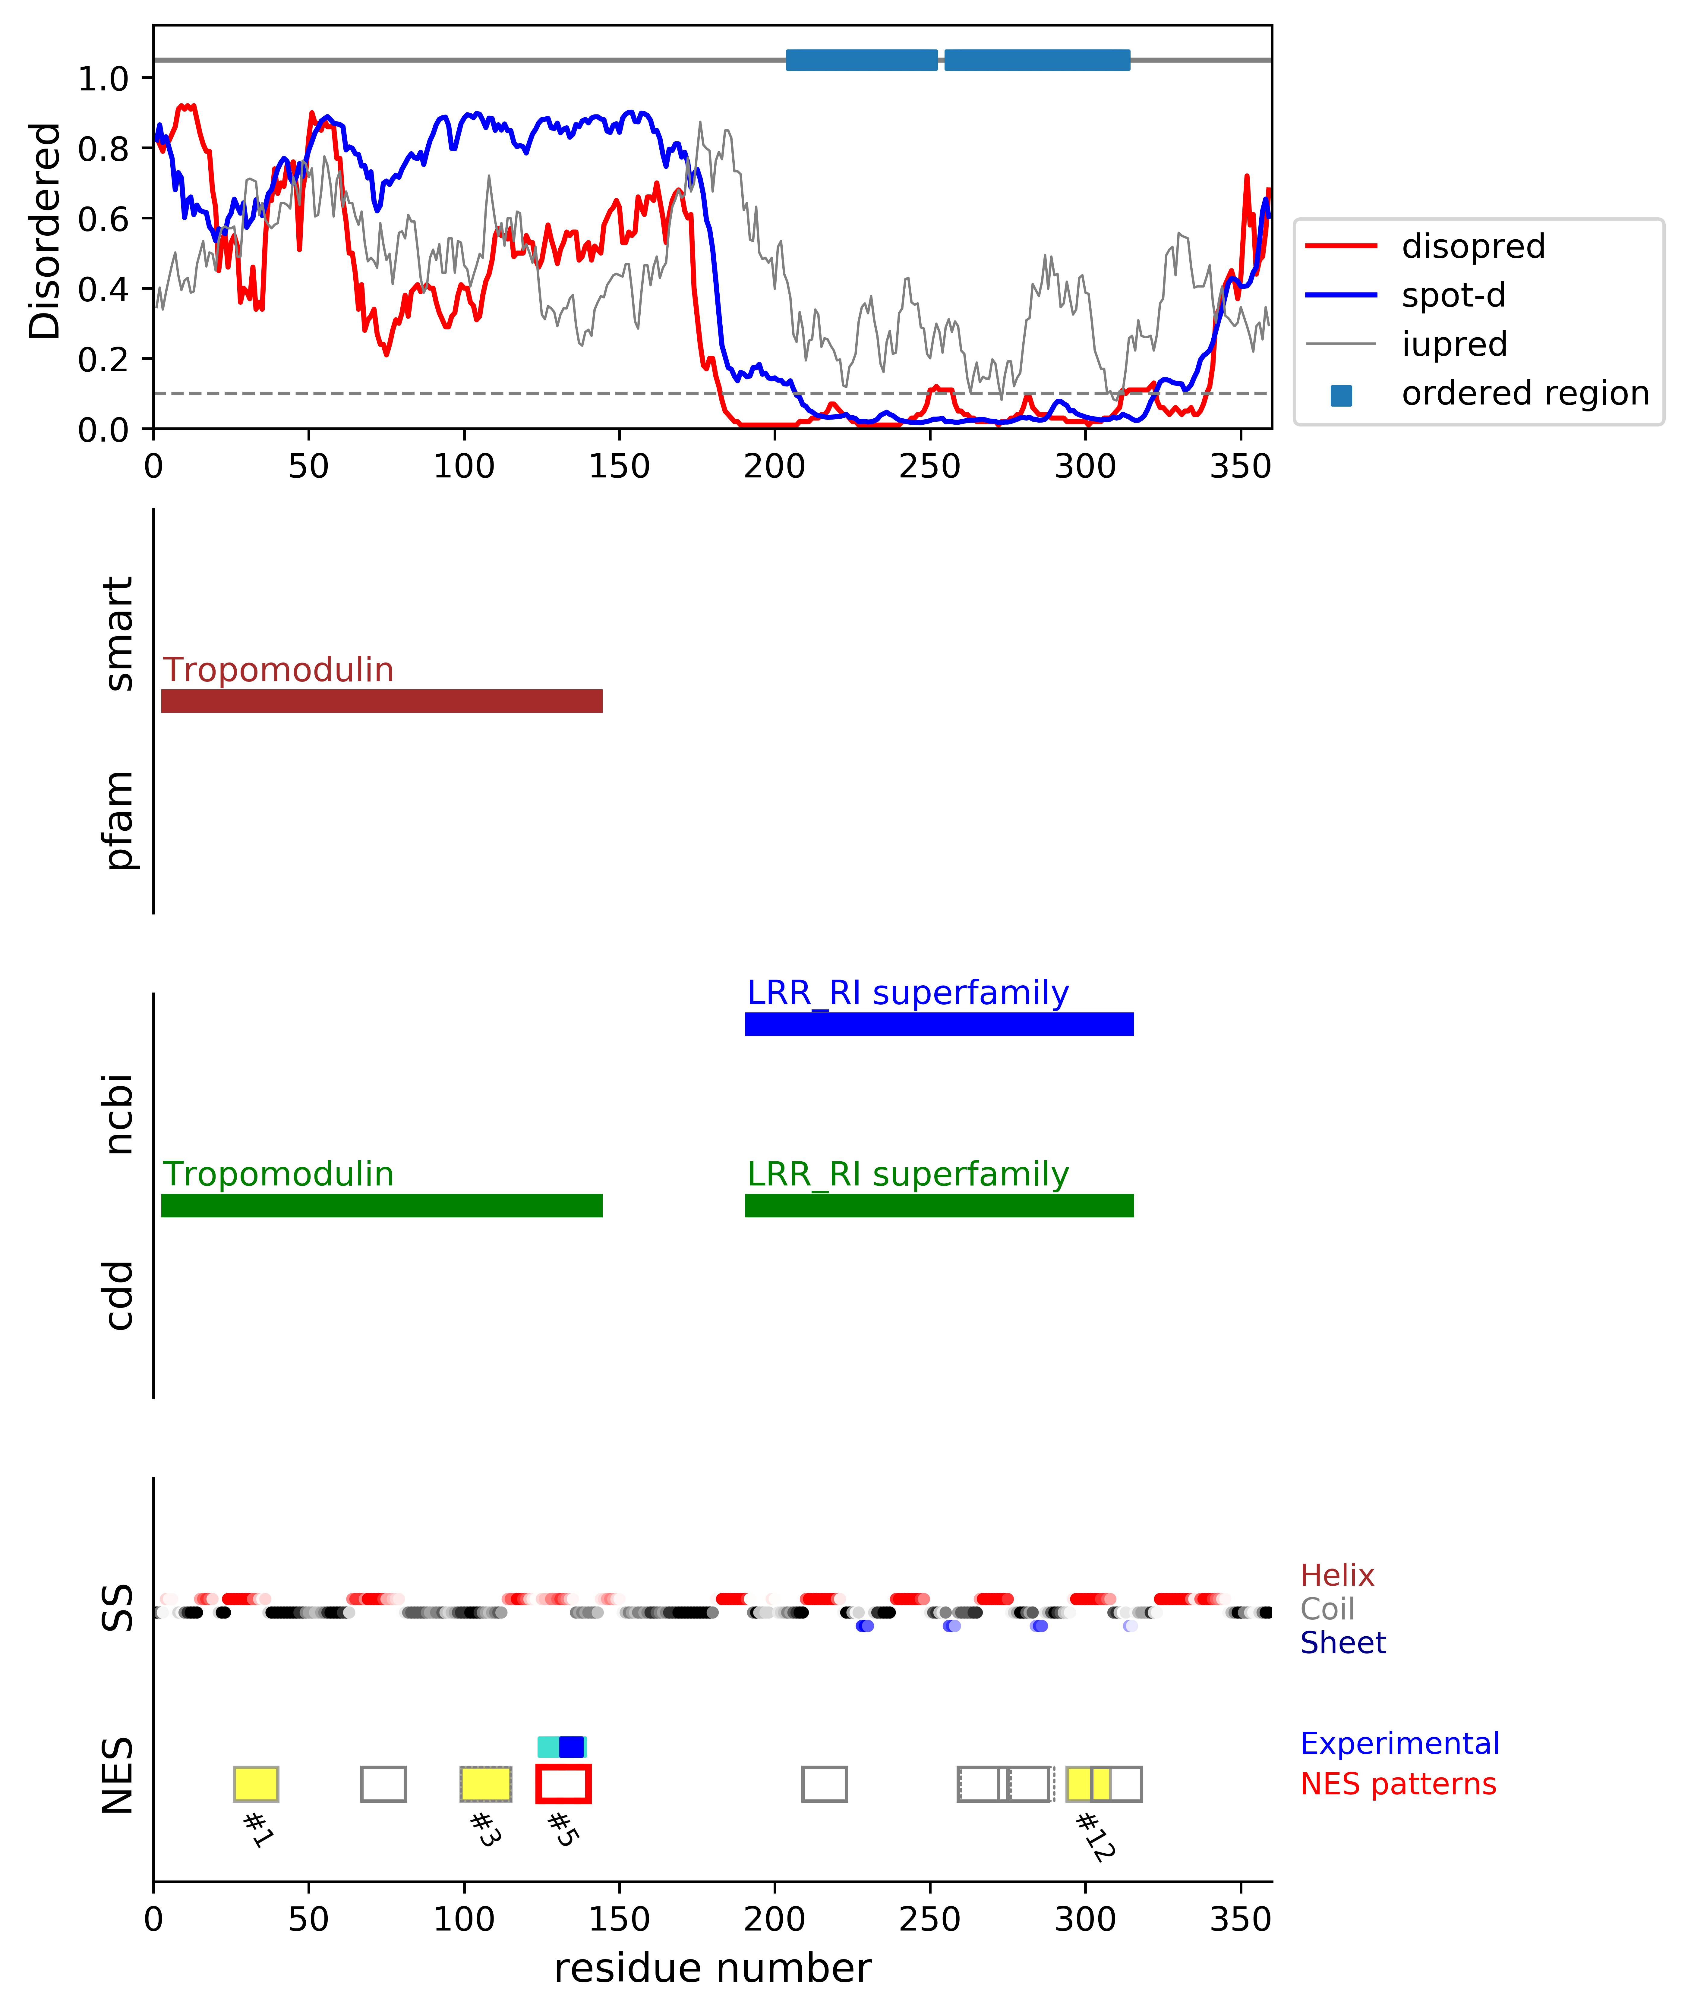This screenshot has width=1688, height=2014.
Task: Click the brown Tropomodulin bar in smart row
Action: pyautogui.click(x=382, y=701)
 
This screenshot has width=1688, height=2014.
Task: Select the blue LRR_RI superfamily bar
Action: pyautogui.click(x=939, y=1024)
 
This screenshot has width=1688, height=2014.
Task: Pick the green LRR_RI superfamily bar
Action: pyautogui.click(x=939, y=1206)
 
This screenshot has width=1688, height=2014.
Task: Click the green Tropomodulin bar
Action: pyautogui.click(x=382, y=1206)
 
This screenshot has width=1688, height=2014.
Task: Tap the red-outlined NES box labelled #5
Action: pyautogui.click(x=563, y=1784)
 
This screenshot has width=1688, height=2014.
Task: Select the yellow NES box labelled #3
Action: pyautogui.click(x=485, y=1784)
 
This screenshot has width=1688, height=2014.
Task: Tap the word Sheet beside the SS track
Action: pyautogui.click(x=1343, y=1643)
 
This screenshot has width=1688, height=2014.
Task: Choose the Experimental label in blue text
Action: pyautogui.click(x=1399, y=1744)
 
